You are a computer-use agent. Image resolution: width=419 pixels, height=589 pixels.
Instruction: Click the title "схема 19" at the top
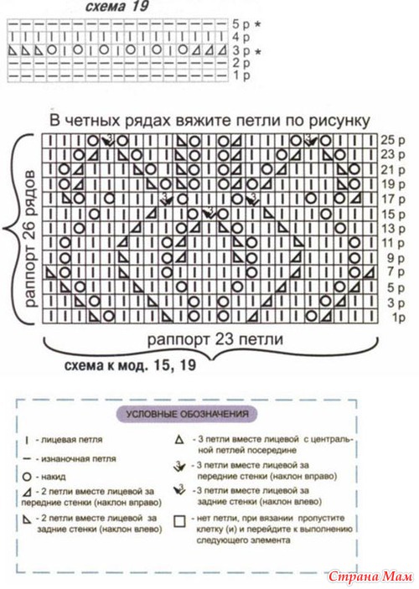tap(116, 7)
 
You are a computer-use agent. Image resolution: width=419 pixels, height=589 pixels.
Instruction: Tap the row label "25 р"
tap(394, 140)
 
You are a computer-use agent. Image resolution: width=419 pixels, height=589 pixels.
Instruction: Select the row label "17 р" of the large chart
tap(394, 199)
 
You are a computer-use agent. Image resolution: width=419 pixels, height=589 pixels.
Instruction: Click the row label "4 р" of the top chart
tap(241, 37)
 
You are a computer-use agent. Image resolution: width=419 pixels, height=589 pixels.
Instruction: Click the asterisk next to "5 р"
tap(257, 24)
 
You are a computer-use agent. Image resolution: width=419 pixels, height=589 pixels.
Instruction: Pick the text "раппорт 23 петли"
tap(215, 339)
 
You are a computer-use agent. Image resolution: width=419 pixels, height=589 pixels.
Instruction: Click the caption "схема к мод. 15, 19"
tap(130, 365)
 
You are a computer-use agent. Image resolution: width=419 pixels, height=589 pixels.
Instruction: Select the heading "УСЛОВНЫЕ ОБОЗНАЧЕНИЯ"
tap(187, 415)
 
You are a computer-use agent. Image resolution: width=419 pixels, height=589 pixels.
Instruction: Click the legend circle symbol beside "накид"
tap(27, 477)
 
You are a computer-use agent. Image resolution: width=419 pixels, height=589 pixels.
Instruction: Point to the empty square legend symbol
tap(180, 521)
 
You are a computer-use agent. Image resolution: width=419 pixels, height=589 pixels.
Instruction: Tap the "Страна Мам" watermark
tap(370, 576)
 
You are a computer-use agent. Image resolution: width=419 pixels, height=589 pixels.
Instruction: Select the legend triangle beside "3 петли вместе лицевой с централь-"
tap(179, 439)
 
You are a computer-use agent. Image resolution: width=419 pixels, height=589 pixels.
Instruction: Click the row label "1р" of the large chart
tap(399, 318)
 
